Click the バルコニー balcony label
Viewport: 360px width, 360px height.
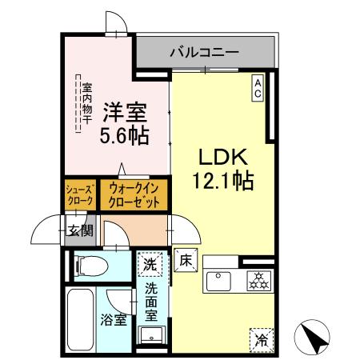[204, 52]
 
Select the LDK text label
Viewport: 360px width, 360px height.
[222, 157]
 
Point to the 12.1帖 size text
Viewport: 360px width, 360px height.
[222, 182]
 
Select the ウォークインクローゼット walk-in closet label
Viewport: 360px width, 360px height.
[134, 195]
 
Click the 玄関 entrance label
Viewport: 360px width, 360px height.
[79, 232]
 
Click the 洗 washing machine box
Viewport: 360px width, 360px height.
[149, 262]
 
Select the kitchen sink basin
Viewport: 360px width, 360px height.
[218, 281]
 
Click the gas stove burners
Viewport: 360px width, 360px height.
[258, 281]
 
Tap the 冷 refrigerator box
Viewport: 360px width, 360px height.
[260, 338]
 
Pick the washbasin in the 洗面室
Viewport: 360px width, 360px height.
[150, 335]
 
